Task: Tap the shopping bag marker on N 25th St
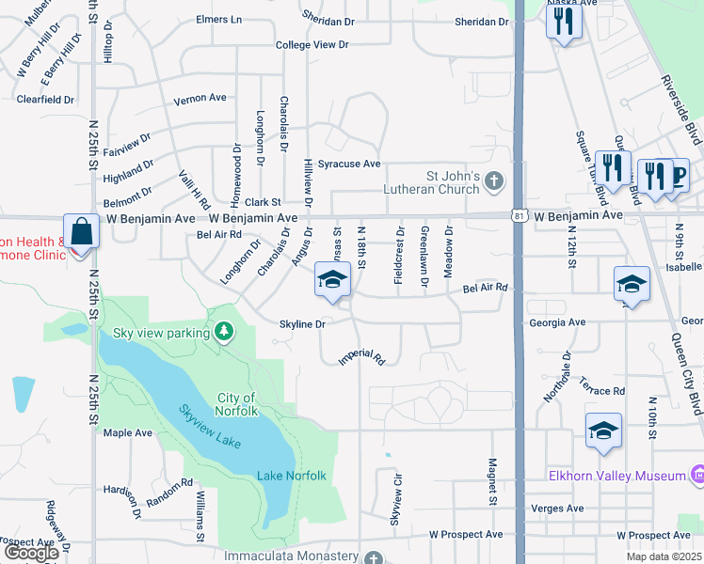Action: pos(83,231)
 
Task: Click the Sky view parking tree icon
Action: pos(224,331)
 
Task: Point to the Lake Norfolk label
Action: pos(292,476)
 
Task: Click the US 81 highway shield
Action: pos(520,216)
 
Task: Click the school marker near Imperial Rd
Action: pos(331,281)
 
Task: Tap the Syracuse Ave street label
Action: pos(348,164)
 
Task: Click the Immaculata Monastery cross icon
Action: pos(375,557)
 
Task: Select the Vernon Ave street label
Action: pos(200,97)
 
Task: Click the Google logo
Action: pos(31,553)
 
